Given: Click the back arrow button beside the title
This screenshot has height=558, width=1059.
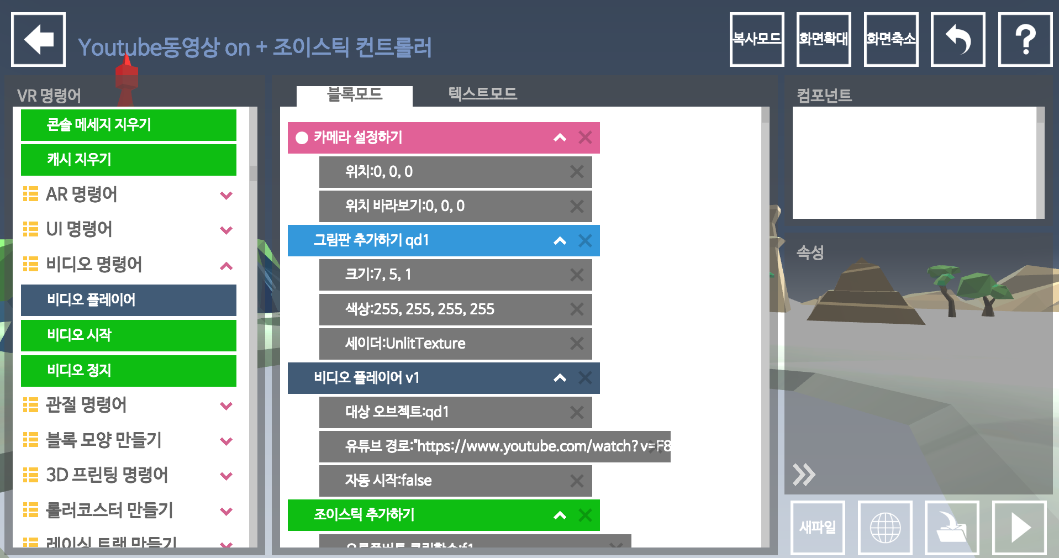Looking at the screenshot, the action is pyautogui.click(x=38, y=40).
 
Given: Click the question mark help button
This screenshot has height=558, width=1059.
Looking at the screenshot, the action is pyautogui.click(x=1025, y=40).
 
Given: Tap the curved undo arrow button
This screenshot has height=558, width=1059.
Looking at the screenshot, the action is pyautogui.click(x=958, y=40).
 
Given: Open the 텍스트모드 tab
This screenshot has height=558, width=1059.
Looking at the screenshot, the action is pyautogui.click(x=482, y=94).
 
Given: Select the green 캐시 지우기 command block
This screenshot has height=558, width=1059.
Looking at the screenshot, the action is pyautogui.click(x=128, y=160).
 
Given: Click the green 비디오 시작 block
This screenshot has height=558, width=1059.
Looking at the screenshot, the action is pyautogui.click(x=128, y=335).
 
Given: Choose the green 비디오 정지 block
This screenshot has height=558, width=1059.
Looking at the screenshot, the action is pyautogui.click(x=128, y=371).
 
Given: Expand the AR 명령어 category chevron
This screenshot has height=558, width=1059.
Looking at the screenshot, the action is pyautogui.click(x=226, y=195).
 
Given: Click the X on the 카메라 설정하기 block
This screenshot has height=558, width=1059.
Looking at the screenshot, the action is pyautogui.click(x=585, y=138).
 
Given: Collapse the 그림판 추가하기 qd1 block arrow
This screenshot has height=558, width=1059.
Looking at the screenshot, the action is pyautogui.click(x=560, y=241).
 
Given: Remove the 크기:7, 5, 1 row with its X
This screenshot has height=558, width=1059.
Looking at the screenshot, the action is pyautogui.click(x=577, y=275).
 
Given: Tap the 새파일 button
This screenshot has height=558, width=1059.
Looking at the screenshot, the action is pyautogui.click(x=818, y=527).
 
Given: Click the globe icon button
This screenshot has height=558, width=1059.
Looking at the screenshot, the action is pyautogui.click(x=885, y=527).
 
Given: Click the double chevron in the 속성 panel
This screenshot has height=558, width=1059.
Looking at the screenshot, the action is pyautogui.click(x=804, y=475).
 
